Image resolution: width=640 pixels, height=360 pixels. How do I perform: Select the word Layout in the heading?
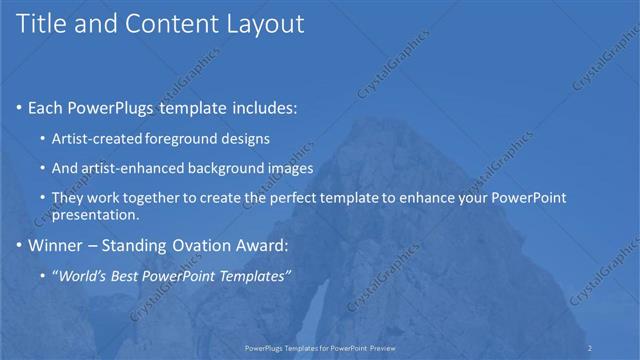coord(263,24)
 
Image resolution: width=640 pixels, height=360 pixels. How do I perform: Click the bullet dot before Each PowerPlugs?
coord(19,107)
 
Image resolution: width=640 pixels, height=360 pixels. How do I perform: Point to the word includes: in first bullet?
coord(263,107)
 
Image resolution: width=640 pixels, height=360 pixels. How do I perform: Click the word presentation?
coord(96,214)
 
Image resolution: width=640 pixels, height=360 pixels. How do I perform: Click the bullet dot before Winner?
coord(19,244)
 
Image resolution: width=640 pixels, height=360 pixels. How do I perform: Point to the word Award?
coord(263,244)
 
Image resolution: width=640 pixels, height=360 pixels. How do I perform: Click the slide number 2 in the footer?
coord(590,348)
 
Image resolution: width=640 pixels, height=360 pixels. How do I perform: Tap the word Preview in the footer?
coord(380,348)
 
